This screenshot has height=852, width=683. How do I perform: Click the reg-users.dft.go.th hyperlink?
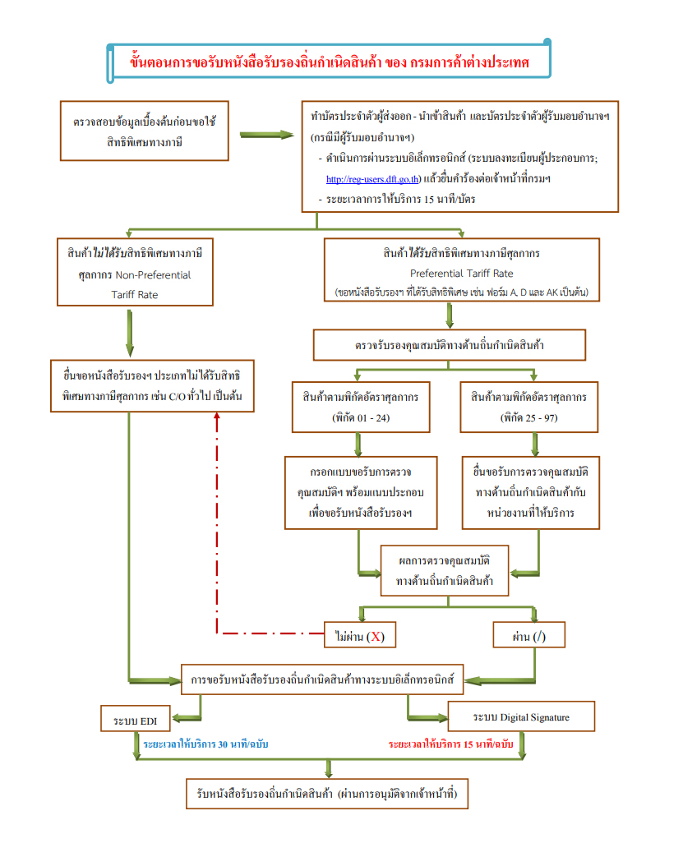pos(373,178)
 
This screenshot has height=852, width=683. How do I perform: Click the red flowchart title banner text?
pos(329,62)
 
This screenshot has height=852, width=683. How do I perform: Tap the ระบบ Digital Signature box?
pos(521,717)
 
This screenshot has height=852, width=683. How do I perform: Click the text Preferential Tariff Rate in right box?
pos(461,273)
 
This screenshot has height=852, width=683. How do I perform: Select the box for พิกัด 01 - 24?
pos(358,407)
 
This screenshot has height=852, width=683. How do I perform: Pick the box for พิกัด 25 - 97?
pos(535,407)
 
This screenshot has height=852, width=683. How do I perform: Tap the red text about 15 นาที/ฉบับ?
pos(450,744)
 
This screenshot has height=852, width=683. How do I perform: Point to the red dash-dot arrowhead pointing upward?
pos(216,416)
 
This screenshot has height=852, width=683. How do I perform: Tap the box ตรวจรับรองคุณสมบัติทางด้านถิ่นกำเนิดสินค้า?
pos(449,345)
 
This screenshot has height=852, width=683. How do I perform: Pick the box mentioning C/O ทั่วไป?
pos(153,385)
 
